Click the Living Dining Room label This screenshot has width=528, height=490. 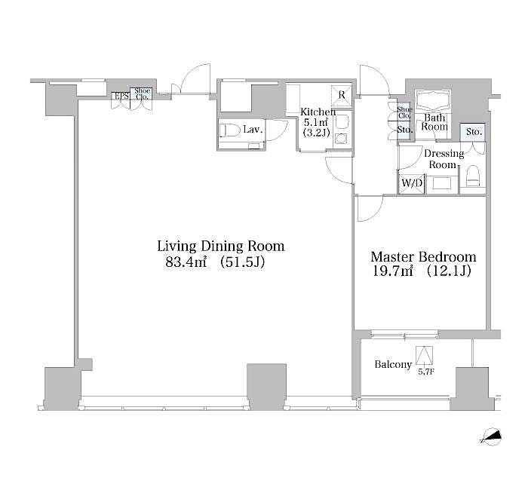pos(220,246)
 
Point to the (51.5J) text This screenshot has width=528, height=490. pos(242,262)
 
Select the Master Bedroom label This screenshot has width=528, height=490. pos(423,256)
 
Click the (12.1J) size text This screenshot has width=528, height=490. pos(448,271)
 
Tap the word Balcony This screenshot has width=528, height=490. pos(393,365)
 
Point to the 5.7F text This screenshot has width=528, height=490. pos(426,371)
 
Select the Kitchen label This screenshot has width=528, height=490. pos(318,112)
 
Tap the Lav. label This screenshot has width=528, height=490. pos(252,130)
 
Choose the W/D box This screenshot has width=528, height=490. pos(411,182)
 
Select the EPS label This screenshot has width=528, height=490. pos(121,96)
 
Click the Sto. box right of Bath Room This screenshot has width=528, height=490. pos(474,132)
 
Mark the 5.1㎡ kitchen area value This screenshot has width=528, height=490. pos(315,122)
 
